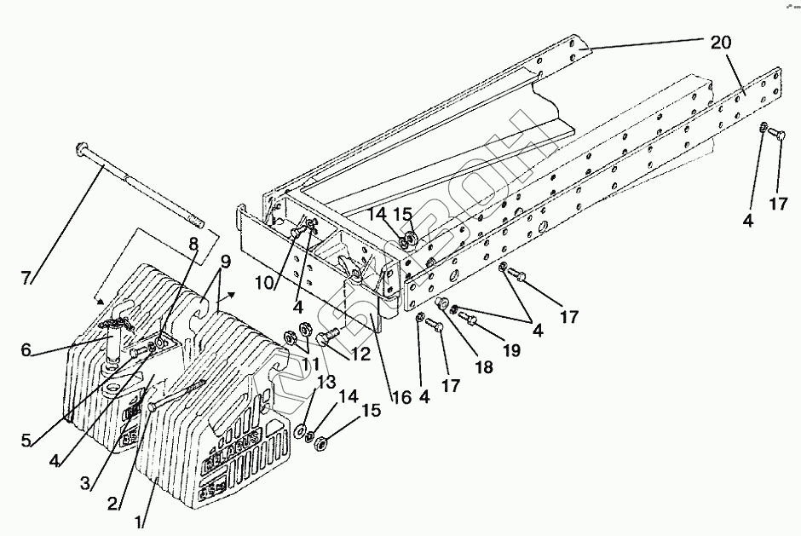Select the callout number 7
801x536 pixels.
[26, 277]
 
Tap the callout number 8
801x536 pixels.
[193, 243]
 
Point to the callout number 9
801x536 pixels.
[225, 262]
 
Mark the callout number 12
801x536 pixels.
[360, 354]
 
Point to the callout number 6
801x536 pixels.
[26, 349]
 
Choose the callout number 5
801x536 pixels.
[26, 440]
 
